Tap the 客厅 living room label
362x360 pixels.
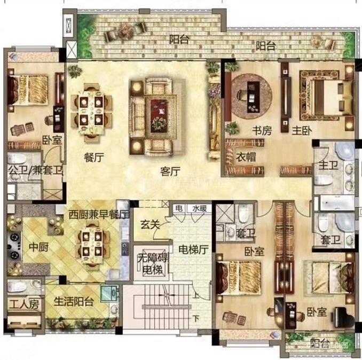click(x=170, y=171)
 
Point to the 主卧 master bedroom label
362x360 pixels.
click(x=302, y=130)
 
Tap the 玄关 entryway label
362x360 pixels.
click(x=151, y=225)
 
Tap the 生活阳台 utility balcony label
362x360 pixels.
click(x=74, y=302)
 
